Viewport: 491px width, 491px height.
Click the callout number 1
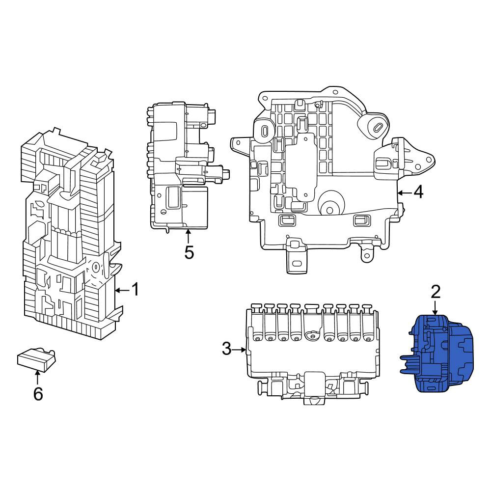coord(135,289)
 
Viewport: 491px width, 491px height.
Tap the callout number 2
coord(436,292)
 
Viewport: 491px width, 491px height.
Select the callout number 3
coord(227,349)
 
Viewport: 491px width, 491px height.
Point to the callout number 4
coord(418,192)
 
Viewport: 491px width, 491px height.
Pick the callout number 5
coord(189,252)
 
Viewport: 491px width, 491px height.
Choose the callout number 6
coord(38,394)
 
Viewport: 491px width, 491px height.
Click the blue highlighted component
coord(437,354)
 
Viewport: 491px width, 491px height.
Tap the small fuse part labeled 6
coord(37,359)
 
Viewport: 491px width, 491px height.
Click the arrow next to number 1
coord(122,291)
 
